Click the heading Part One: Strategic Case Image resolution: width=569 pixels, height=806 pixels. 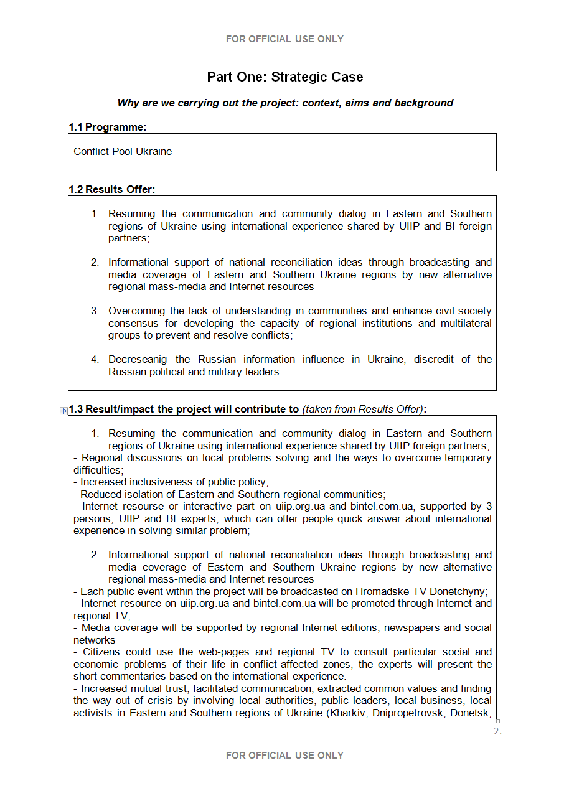[x=284, y=77]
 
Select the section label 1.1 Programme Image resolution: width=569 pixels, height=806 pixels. [x=107, y=127]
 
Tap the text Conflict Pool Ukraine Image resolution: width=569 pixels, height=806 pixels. [x=123, y=152]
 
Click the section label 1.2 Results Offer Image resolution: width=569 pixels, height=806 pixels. [x=111, y=189]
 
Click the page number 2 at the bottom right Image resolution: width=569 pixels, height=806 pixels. [x=497, y=731]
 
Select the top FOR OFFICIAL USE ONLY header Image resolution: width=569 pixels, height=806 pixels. [x=284, y=39]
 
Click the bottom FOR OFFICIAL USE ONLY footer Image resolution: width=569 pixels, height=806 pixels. [x=284, y=756]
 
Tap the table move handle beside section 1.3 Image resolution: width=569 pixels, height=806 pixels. [x=63, y=411]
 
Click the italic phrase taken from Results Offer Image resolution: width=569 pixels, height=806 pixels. [x=362, y=410]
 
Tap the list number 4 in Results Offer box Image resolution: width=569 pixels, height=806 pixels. [x=95, y=360]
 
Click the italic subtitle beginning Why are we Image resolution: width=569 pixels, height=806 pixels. [x=284, y=103]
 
